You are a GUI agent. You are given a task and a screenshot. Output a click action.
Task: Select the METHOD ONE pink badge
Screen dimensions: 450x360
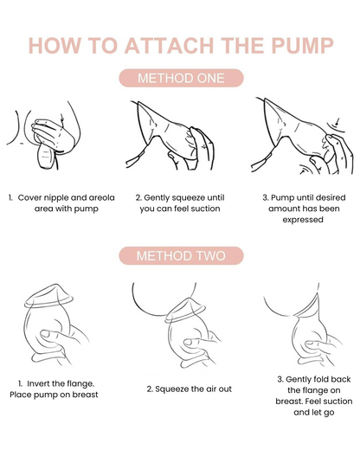(x=180, y=79)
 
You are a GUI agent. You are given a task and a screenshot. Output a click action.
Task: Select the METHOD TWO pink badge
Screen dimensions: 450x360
(x=180, y=255)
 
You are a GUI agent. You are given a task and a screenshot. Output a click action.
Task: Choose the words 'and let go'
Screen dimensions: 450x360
(x=301, y=413)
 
